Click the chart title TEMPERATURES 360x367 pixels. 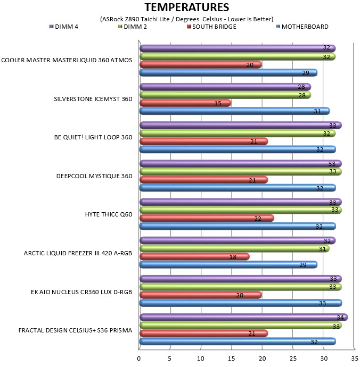[x=187, y=7]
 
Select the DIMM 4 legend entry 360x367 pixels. [x=64, y=27]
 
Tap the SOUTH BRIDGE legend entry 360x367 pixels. [x=211, y=27]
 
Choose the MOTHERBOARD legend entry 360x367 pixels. [x=302, y=27]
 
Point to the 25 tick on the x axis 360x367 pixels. [x=293, y=358]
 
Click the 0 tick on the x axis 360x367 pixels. [x=139, y=358]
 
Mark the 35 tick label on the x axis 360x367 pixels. [x=355, y=358]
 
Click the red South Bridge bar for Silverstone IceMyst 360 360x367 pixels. [x=185, y=103]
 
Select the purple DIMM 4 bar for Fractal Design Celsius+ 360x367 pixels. [x=244, y=318]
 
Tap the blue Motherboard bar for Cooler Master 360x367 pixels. [x=228, y=72]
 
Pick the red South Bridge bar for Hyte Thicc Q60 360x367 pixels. [x=207, y=218]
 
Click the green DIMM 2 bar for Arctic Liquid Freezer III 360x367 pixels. [x=235, y=248]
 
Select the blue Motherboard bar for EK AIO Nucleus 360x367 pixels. [x=241, y=303]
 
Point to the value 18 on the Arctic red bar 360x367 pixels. [x=233, y=257]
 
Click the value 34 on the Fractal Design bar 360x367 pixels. [x=340, y=318]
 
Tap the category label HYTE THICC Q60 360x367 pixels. [x=109, y=214]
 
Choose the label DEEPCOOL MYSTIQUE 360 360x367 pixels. [x=94, y=176]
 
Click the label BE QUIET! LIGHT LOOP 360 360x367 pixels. [x=93, y=137]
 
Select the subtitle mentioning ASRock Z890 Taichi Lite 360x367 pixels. [x=187, y=19]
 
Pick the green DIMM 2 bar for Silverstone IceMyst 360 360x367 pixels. [x=225, y=95]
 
